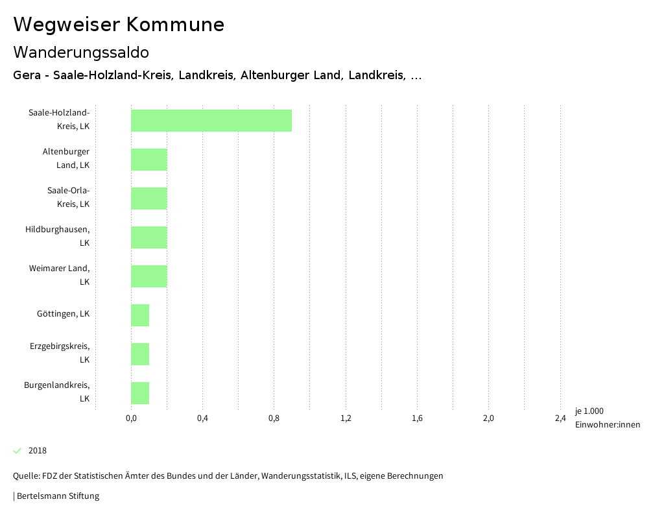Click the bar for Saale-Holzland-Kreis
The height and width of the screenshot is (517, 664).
point(211,121)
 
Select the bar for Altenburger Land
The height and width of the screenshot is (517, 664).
point(149,160)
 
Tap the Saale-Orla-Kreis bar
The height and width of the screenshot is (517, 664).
point(149,198)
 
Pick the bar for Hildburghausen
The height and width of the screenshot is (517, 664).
point(149,237)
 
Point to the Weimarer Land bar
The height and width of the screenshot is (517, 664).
point(149,276)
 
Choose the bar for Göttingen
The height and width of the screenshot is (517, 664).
point(140,315)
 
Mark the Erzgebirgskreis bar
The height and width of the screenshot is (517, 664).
point(140,354)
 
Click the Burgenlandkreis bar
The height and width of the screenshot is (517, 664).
point(140,393)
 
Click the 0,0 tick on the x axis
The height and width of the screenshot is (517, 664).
point(131,418)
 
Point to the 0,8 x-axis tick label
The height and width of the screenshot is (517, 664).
point(274,418)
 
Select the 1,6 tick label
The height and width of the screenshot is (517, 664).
point(417,418)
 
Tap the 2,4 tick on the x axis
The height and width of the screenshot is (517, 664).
point(560,418)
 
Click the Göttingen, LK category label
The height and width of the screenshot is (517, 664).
point(63,314)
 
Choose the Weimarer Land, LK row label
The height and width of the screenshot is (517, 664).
point(59,275)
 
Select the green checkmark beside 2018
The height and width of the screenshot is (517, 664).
point(18,451)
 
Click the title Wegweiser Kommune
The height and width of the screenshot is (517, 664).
point(119,25)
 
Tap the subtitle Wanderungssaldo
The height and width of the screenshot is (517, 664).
point(81,52)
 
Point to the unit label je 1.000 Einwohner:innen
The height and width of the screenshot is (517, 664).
point(607,418)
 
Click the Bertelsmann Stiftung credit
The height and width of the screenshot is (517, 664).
point(58,496)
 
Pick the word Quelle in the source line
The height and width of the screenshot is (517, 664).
point(25,476)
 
